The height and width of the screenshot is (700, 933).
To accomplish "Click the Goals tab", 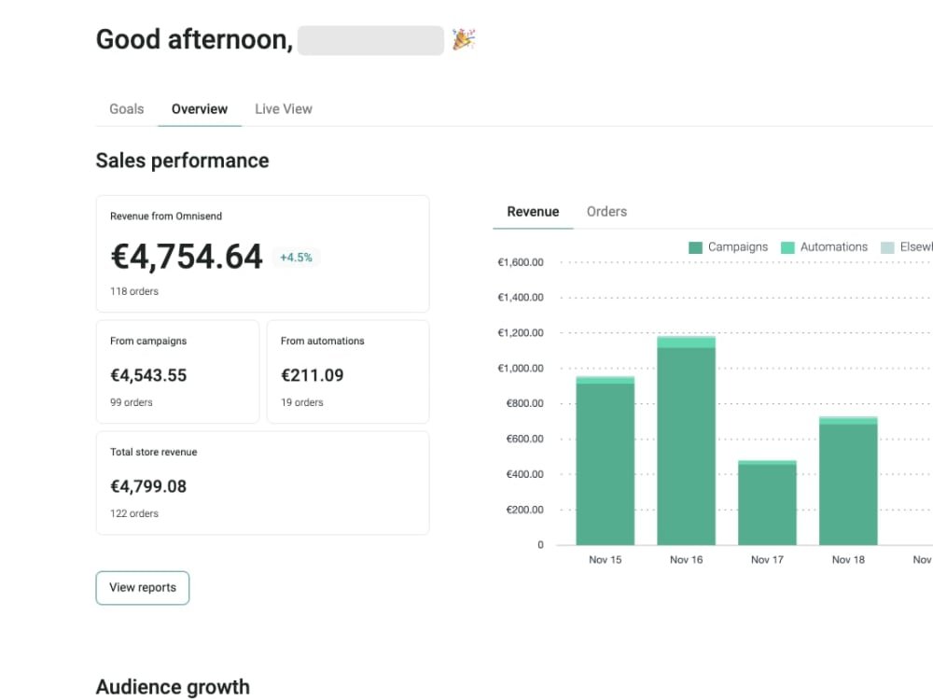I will [126, 109].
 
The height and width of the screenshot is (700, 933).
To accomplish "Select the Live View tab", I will [284, 109].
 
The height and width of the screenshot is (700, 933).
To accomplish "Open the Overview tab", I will [200, 109].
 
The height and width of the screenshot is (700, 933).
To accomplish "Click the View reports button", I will [143, 588].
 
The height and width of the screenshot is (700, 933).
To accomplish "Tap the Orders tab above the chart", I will [606, 212].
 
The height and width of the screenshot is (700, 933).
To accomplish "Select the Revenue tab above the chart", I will [533, 212].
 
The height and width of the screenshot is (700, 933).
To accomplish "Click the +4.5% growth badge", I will [297, 258].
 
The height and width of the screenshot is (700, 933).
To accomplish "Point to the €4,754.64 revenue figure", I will [187, 257].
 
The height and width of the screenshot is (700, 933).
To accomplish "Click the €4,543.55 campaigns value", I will [148, 375].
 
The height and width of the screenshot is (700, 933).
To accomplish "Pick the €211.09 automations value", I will [312, 375].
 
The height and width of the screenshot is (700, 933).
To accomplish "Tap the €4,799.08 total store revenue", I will [148, 486].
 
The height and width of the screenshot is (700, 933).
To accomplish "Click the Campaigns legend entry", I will [729, 247].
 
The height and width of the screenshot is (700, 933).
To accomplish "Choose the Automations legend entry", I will [825, 247].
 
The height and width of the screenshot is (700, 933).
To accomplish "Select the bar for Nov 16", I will [686, 443].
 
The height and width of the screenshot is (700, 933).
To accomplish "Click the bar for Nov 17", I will [767, 504].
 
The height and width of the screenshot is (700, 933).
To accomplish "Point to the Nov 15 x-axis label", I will [605, 560].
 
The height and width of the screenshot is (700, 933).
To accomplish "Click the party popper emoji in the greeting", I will [464, 39].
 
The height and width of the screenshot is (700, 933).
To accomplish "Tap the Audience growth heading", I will [173, 687].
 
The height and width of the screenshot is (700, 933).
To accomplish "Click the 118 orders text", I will [134, 291].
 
